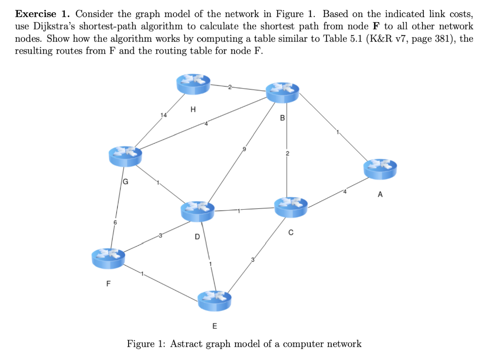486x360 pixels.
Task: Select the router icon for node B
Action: [283, 92]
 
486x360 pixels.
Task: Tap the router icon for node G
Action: [125, 156]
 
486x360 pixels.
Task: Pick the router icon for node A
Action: [380, 169]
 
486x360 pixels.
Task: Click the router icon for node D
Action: [198, 210]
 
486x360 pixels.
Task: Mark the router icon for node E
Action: [215, 300]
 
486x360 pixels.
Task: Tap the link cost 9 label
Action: [245, 149]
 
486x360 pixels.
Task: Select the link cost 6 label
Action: [114, 222]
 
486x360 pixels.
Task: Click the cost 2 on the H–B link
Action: [230, 86]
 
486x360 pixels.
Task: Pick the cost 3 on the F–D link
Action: [160, 235]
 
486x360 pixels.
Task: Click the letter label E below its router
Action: [215, 326]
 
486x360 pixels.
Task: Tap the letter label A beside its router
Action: [380, 194]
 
